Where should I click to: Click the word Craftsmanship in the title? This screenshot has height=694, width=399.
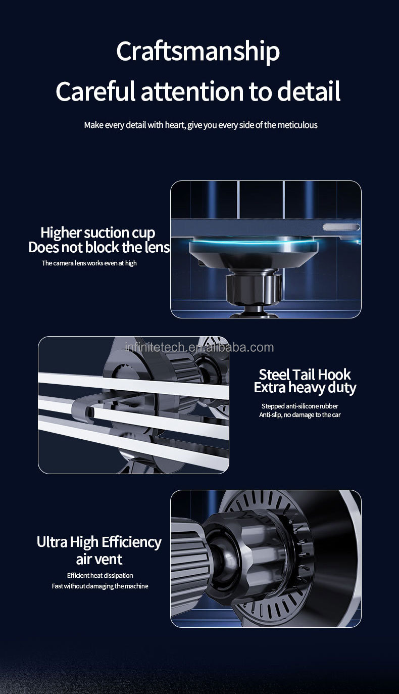pyautogui.click(x=198, y=52)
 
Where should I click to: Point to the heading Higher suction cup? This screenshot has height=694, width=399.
pyautogui.click(x=97, y=233)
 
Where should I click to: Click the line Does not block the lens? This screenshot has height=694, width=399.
pyautogui.click(x=99, y=247)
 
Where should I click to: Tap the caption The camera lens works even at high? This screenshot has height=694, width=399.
pyautogui.click(x=89, y=263)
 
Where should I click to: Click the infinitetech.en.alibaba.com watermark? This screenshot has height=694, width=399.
pyautogui.click(x=199, y=347)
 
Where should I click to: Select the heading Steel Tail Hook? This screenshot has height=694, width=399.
pyautogui.click(x=305, y=375)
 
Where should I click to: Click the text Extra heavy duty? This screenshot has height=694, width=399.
pyautogui.click(x=305, y=388)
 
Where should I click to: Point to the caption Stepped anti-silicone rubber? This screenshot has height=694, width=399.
pyautogui.click(x=300, y=406)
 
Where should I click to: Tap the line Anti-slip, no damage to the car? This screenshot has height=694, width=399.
pyautogui.click(x=300, y=415)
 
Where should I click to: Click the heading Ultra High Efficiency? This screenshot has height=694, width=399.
pyautogui.click(x=99, y=542)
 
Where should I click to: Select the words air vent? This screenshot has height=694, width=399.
pyautogui.click(x=99, y=559)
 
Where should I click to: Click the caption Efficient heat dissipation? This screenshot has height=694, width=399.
pyautogui.click(x=100, y=575)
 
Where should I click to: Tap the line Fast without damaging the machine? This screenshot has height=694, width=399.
pyautogui.click(x=100, y=586)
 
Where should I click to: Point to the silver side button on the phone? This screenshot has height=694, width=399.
pyautogui.click(x=341, y=227)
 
